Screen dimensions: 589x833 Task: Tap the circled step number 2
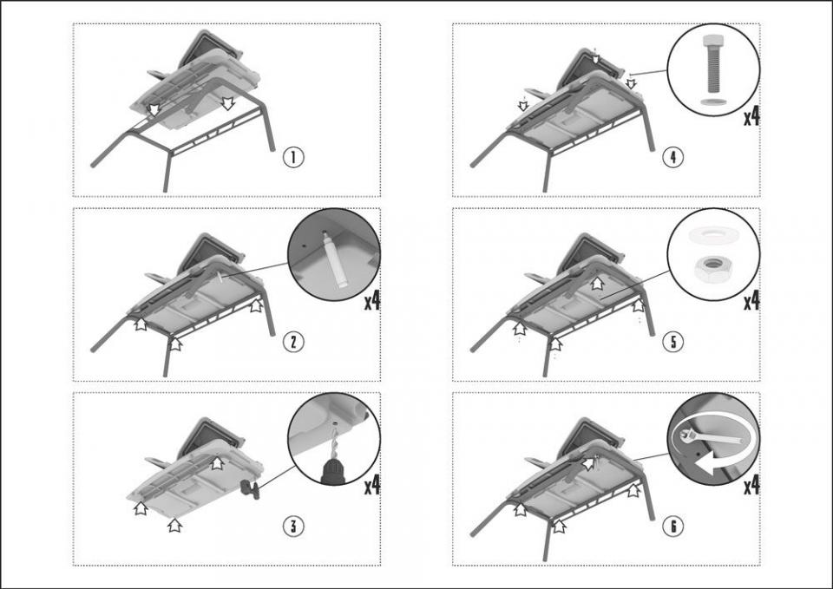pyautogui.click(x=294, y=341)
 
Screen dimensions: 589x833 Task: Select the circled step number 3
pyautogui.click(x=294, y=526)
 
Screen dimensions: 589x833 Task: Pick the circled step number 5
pyautogui.click(x=672, y=341)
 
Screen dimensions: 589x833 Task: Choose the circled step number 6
pyautogui.click(x=672, y=526)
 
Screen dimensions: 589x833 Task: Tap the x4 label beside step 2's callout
pyautogui.click(x=372, y=301)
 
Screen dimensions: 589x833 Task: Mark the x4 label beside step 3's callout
pyautogui.click(x=372, y=485)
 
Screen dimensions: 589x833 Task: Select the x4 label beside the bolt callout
pyautogui.click(x=751, y=116)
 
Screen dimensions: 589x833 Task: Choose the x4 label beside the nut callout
pyautogui.click(x=751, y=301)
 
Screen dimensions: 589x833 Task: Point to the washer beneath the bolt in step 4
pyautogui.click(x=713, y=103)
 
